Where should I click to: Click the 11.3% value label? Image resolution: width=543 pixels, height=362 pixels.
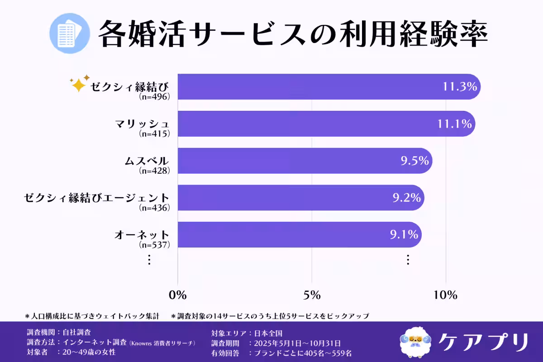(460, 87)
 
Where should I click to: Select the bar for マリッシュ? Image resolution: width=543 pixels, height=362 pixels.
(317, 124)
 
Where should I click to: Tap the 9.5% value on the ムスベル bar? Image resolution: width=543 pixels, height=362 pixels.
(414, 161)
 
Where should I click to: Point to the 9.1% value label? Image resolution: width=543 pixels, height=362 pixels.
(404, 235)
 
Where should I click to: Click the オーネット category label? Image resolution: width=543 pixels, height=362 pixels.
(142, 235)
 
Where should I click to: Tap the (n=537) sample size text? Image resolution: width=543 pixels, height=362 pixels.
(155, 245)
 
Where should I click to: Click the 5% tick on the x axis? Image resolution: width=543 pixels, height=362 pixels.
(312, 295)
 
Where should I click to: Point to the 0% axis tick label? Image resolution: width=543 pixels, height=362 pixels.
(177, 295)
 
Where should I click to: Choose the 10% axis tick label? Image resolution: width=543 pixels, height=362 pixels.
(446, 295)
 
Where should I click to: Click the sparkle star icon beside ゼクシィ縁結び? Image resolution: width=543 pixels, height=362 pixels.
(79, 84)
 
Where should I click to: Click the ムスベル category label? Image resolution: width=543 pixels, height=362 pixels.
(147, 161)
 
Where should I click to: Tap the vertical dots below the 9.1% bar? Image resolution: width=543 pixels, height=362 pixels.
(408, 260)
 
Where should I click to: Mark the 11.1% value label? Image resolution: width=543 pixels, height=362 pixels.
(455, 124)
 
